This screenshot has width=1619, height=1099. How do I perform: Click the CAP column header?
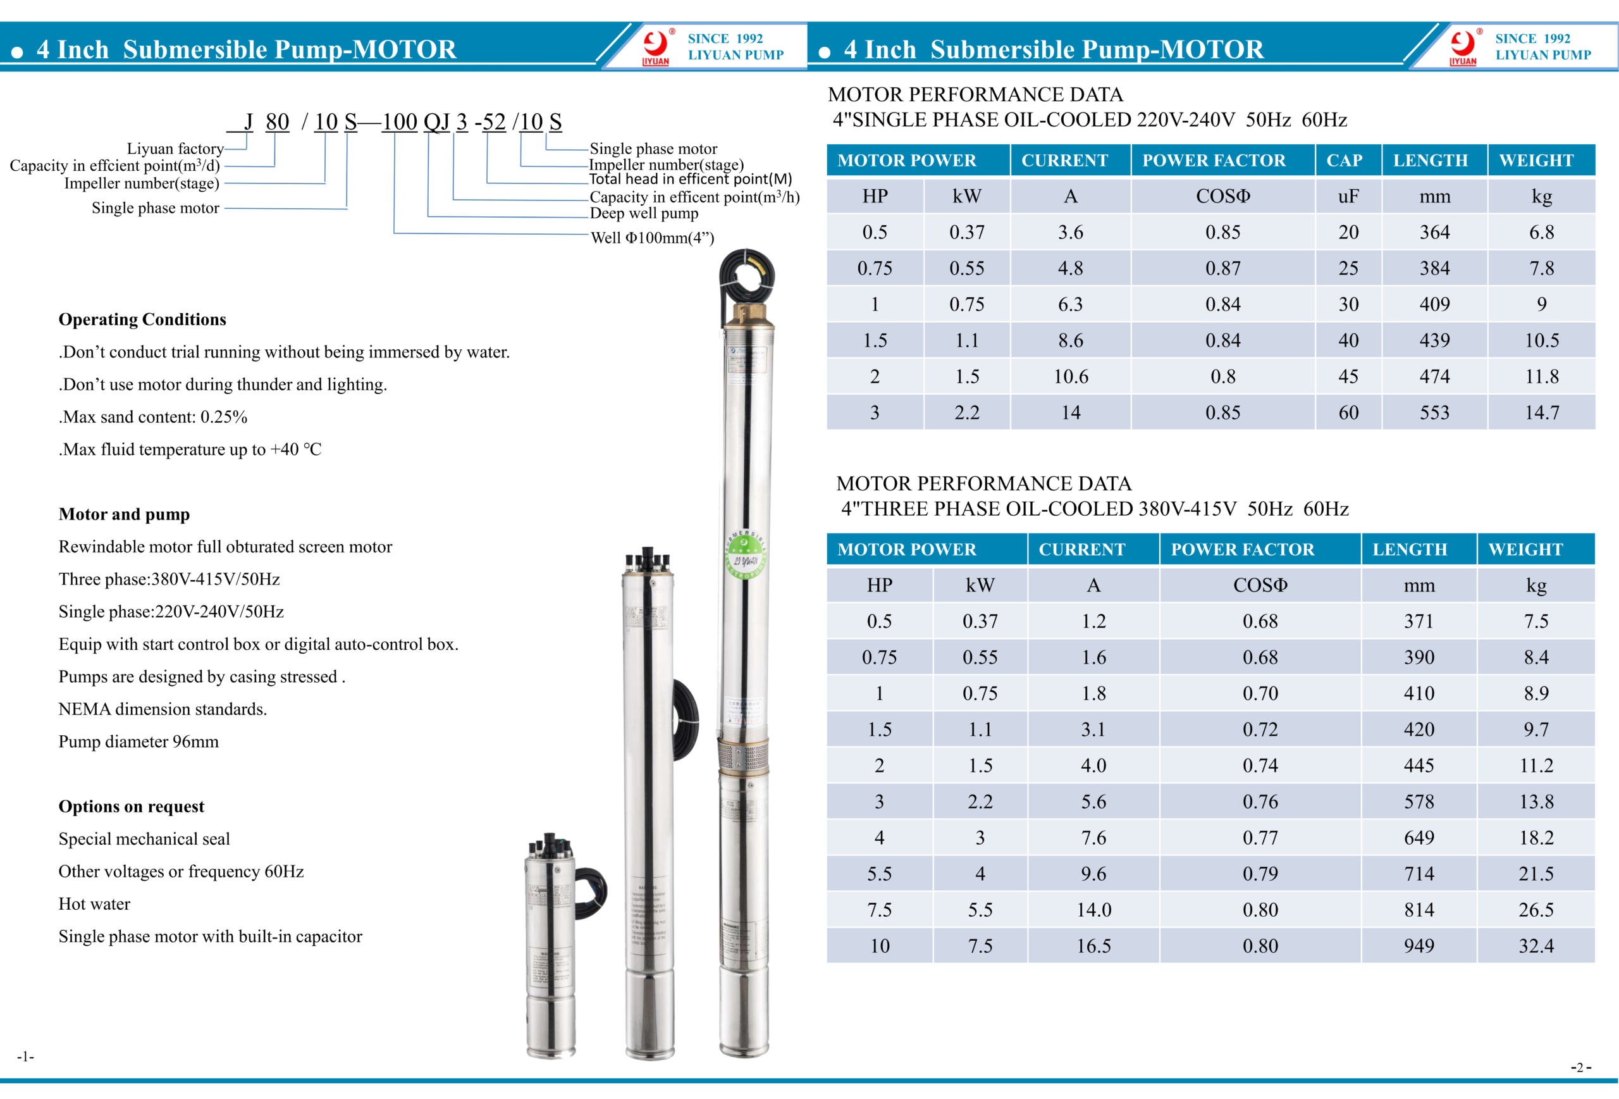point(1344,160)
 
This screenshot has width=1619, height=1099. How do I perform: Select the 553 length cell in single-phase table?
point(1434,413)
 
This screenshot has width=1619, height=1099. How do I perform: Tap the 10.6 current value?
point(1070,376)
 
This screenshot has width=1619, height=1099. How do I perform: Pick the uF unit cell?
point(1348,197)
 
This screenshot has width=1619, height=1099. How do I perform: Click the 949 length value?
point(1419,946)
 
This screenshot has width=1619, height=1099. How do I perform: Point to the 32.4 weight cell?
point(1536,946)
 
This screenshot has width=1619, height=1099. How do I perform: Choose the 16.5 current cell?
point(1093,946)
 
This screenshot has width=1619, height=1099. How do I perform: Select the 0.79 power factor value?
point(1260,873)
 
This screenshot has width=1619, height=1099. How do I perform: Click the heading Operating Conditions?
point(142,319)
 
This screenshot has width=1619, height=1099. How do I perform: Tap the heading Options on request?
point(131,806)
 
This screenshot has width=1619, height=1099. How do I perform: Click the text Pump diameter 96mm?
point(138,742)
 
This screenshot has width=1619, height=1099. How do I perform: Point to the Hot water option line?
point(94,904)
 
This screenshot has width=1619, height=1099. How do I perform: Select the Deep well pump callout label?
point(644,213)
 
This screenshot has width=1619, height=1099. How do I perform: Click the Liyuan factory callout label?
point(175,149)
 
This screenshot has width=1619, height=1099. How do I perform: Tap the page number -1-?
point(25,1057)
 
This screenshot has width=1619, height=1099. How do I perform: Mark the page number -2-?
point(1580,1067)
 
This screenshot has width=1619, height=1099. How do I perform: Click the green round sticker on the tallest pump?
point(745,555)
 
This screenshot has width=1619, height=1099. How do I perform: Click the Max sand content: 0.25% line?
point(152,417)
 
